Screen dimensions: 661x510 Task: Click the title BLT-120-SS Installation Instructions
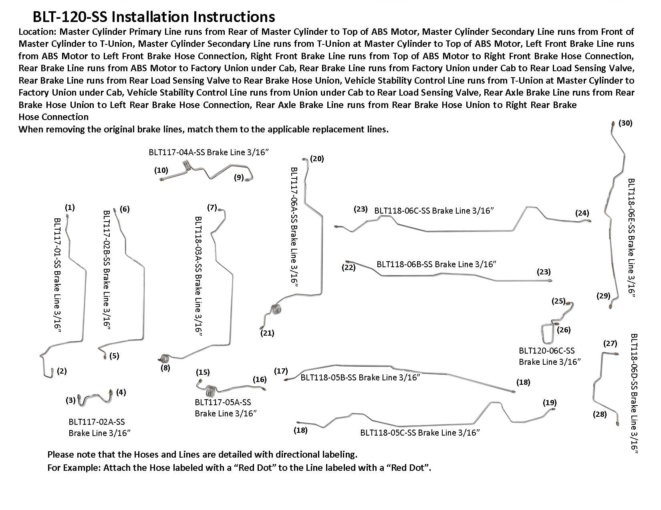pyautogui.click(x=153, y=17)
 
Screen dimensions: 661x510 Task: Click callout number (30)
pyautogui.click(x=625, y=123)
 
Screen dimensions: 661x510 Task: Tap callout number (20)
pyautogui.click(x=317, y=158)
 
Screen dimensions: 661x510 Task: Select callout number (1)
pyautogui.click(x=70, y=208)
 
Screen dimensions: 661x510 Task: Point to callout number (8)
pyautogui.click(x=165, y=368)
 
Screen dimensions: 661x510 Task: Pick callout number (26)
pyautogui.click(x=564, y=330)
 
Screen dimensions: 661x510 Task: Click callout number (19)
pyautogui.click(x=550, y=402)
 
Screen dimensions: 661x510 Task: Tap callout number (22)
pyautogui.click(x=349, y=267)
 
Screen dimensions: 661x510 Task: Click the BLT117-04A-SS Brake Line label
pyautogui.click(x=209, y=152)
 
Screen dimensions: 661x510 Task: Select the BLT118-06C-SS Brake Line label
pyautogui.click(x=434, y=210)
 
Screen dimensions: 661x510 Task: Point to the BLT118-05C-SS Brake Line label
pyautogui.click(x=420, y=432)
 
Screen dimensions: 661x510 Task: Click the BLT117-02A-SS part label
pyautogui.click(x=99, y=427)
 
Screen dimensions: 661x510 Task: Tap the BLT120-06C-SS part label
pyautogui.click(x=550, y=356)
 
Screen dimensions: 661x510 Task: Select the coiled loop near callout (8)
pyautogui.click(x=165, y=358)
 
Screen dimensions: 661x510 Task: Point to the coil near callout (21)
pyautogui.click(x=276, y=309)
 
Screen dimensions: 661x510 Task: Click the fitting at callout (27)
pyautogui.click(x=616, y=354)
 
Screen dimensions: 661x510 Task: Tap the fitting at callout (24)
pyautogui.click(x=589, y=222)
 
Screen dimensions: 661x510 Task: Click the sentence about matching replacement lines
pyautogui.click(x=203, y=129)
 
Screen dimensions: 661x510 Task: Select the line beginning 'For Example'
pyautogui.click(x=239, y=468)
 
